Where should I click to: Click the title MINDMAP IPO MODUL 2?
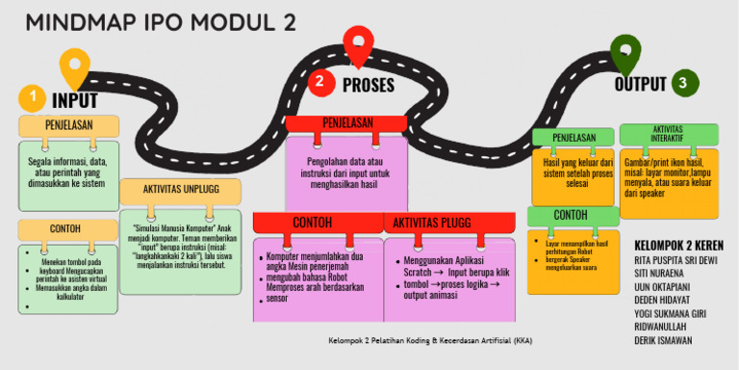[161, 22]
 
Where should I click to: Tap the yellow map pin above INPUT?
[74, 66]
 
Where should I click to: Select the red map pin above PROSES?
[358, 45]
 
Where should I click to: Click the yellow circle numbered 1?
[33, 97]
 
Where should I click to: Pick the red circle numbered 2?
[321, 82]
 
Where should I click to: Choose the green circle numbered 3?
[682, 84]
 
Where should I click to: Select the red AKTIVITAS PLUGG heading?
[431, 223]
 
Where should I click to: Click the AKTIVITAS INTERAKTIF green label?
[668, 133]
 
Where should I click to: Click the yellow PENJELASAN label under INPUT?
[68, 125]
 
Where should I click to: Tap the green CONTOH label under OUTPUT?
[572, 214]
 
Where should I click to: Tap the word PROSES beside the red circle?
[369, 85]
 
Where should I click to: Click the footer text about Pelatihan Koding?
[429, 340]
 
